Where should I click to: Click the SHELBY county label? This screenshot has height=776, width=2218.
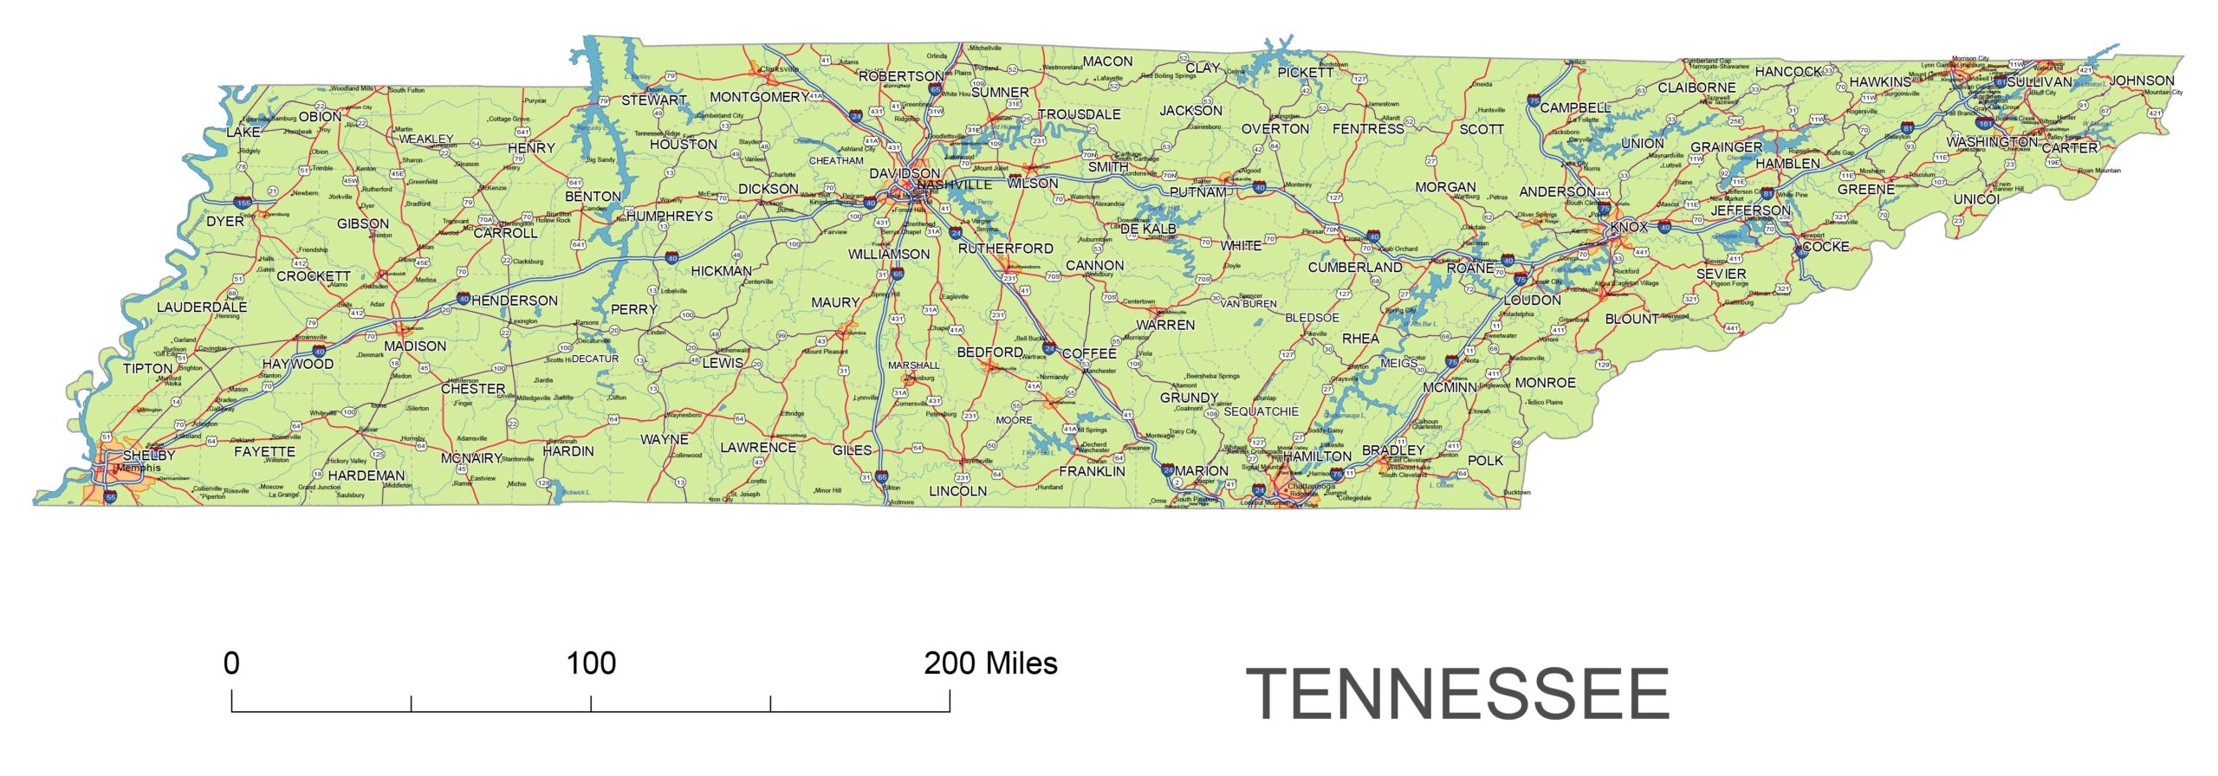point(149,456)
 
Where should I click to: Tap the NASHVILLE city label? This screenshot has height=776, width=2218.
point(954,185)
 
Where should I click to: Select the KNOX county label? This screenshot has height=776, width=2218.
point(1628,227)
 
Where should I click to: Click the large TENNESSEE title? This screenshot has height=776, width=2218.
point(1457,695)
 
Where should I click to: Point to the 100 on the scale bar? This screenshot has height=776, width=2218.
point(591,663)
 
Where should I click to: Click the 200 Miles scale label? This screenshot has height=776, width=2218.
point(990,663)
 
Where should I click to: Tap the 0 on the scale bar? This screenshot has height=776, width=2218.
point(231,663)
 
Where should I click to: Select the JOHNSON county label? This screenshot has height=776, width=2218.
point(2141,81)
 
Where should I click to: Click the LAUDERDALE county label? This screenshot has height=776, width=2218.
point(202,307)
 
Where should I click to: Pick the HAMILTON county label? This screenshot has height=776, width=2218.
point(1316,456)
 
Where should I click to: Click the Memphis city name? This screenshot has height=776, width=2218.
point(139,469)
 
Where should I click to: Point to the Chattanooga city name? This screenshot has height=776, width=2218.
point(1311,487)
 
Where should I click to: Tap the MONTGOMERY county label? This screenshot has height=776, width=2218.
point(759,97)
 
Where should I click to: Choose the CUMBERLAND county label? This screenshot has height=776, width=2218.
point(1354,268)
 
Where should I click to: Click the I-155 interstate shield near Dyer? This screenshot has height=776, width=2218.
point(243,203)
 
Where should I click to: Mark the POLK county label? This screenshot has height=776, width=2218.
point(1485,461)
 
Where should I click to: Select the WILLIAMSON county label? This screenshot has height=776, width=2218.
point(888,255)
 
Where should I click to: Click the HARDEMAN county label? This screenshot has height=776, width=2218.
point(366,476)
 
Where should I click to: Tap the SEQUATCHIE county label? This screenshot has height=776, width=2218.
point(1261,412)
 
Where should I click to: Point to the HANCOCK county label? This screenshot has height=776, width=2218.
point(1787,72)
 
